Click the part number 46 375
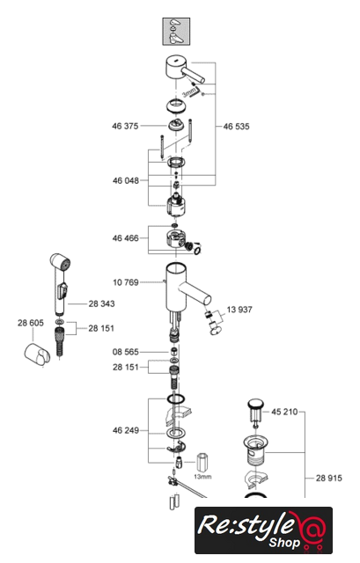coord(125,126)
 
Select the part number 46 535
coord(236,127)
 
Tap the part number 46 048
coord(126,180)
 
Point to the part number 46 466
coord(125,238)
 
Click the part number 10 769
coord(126,282)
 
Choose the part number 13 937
coord(239,310)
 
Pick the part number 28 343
coord(102,303)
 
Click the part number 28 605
coord(31,323)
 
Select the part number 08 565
coord(125,352)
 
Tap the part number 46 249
coord(126,430)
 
